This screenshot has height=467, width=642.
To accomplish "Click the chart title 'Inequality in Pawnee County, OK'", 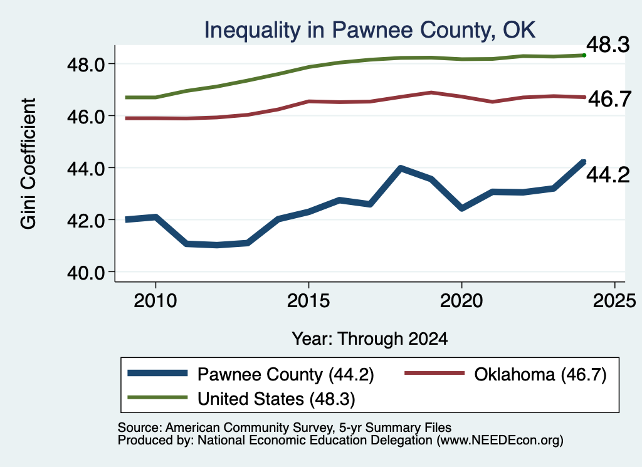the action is (370, 30).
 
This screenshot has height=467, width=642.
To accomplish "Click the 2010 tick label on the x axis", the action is (155, 301).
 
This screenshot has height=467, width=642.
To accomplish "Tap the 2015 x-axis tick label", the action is (308, 301).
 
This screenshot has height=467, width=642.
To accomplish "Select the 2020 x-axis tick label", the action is (461, 301).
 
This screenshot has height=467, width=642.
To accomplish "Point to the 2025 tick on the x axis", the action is (614, 301).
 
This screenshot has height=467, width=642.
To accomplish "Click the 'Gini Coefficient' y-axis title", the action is (28, 164).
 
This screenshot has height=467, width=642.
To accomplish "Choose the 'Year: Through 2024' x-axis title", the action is (370, 339).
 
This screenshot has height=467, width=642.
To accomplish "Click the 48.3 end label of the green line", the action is (608, 45).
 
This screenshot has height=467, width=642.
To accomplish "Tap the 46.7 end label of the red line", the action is (609, 98).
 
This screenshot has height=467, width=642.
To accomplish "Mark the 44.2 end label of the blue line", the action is (608, 175).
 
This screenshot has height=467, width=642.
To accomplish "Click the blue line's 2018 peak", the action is (401, 168).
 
